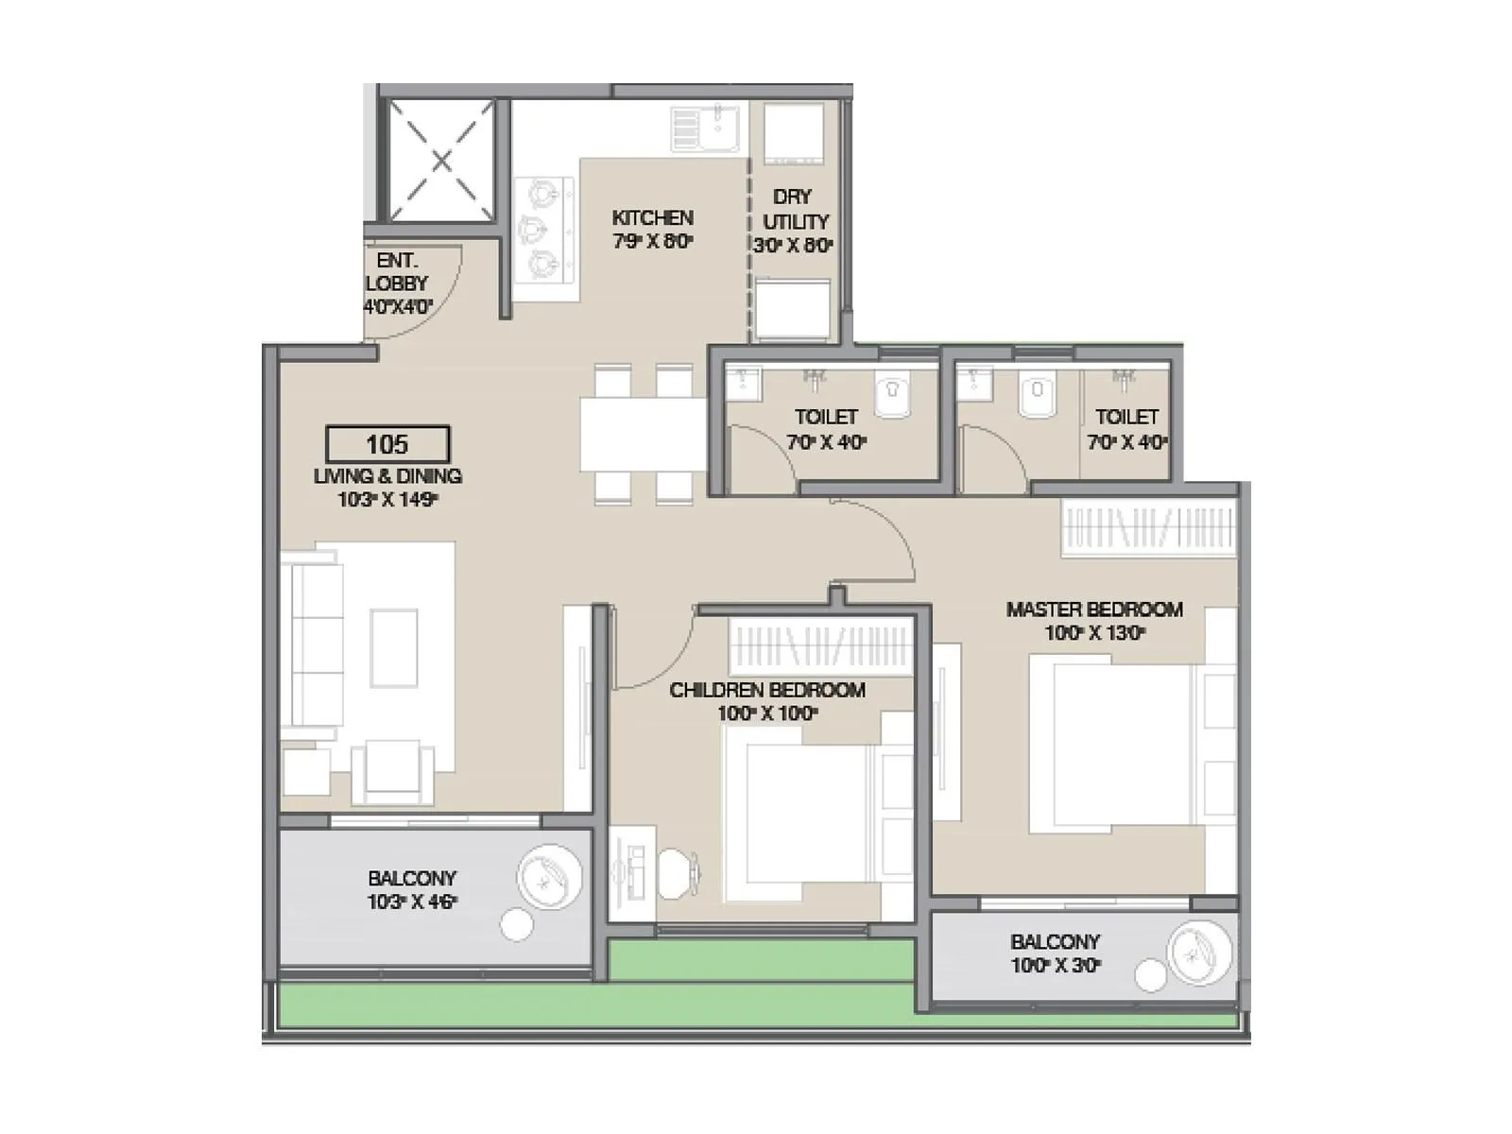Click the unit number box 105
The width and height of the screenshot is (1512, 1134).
387,444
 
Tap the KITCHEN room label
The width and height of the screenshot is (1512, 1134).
652,217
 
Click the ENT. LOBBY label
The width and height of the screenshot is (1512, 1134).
397,271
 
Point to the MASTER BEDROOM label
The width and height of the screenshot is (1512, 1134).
1094,610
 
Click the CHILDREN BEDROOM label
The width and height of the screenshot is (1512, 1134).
767,690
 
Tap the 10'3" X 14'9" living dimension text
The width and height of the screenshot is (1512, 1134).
387,500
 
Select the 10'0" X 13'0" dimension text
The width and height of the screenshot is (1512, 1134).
1094,633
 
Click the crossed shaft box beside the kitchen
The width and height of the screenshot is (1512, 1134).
441,161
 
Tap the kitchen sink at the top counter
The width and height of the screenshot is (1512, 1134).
706,129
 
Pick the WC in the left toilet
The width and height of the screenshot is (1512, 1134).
891,395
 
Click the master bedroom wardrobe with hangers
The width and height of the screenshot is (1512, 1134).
1148,527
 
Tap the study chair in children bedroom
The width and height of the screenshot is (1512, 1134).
678,874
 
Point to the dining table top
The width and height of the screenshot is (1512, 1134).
643,434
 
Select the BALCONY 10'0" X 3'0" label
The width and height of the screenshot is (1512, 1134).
1055,953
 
